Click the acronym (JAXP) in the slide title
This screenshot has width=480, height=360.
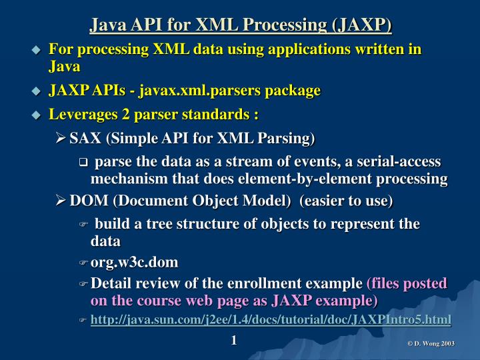(x=360, y=25)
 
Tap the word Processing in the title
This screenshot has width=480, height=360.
(x=283, y=25)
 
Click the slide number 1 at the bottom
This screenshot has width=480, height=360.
(x=234, y=341)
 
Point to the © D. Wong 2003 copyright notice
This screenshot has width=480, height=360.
(x=431, y=343)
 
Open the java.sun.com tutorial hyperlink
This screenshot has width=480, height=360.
(x=270, y=320)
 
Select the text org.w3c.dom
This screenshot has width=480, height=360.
(x=134, y=263)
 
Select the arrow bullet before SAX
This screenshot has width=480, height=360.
(x=60, y=139)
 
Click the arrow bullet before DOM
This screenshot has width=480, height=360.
(x=60, y=201)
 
